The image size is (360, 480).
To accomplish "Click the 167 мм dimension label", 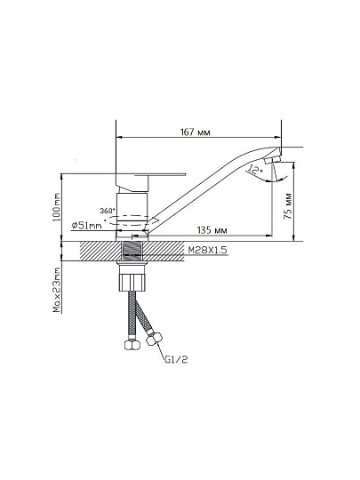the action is point(195,132).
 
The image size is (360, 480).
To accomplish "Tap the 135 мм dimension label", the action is point(212,230).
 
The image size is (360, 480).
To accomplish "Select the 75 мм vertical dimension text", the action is point(288,206).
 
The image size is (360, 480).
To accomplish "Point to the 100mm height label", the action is point(56,207).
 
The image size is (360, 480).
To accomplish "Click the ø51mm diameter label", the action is point(86,226).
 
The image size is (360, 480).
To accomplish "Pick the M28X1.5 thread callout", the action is point(207,250).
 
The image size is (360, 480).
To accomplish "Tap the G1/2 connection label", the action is point(176,359).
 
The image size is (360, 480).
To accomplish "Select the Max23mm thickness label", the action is point(57,290).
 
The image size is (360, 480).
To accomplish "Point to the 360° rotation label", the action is point(108,211).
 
